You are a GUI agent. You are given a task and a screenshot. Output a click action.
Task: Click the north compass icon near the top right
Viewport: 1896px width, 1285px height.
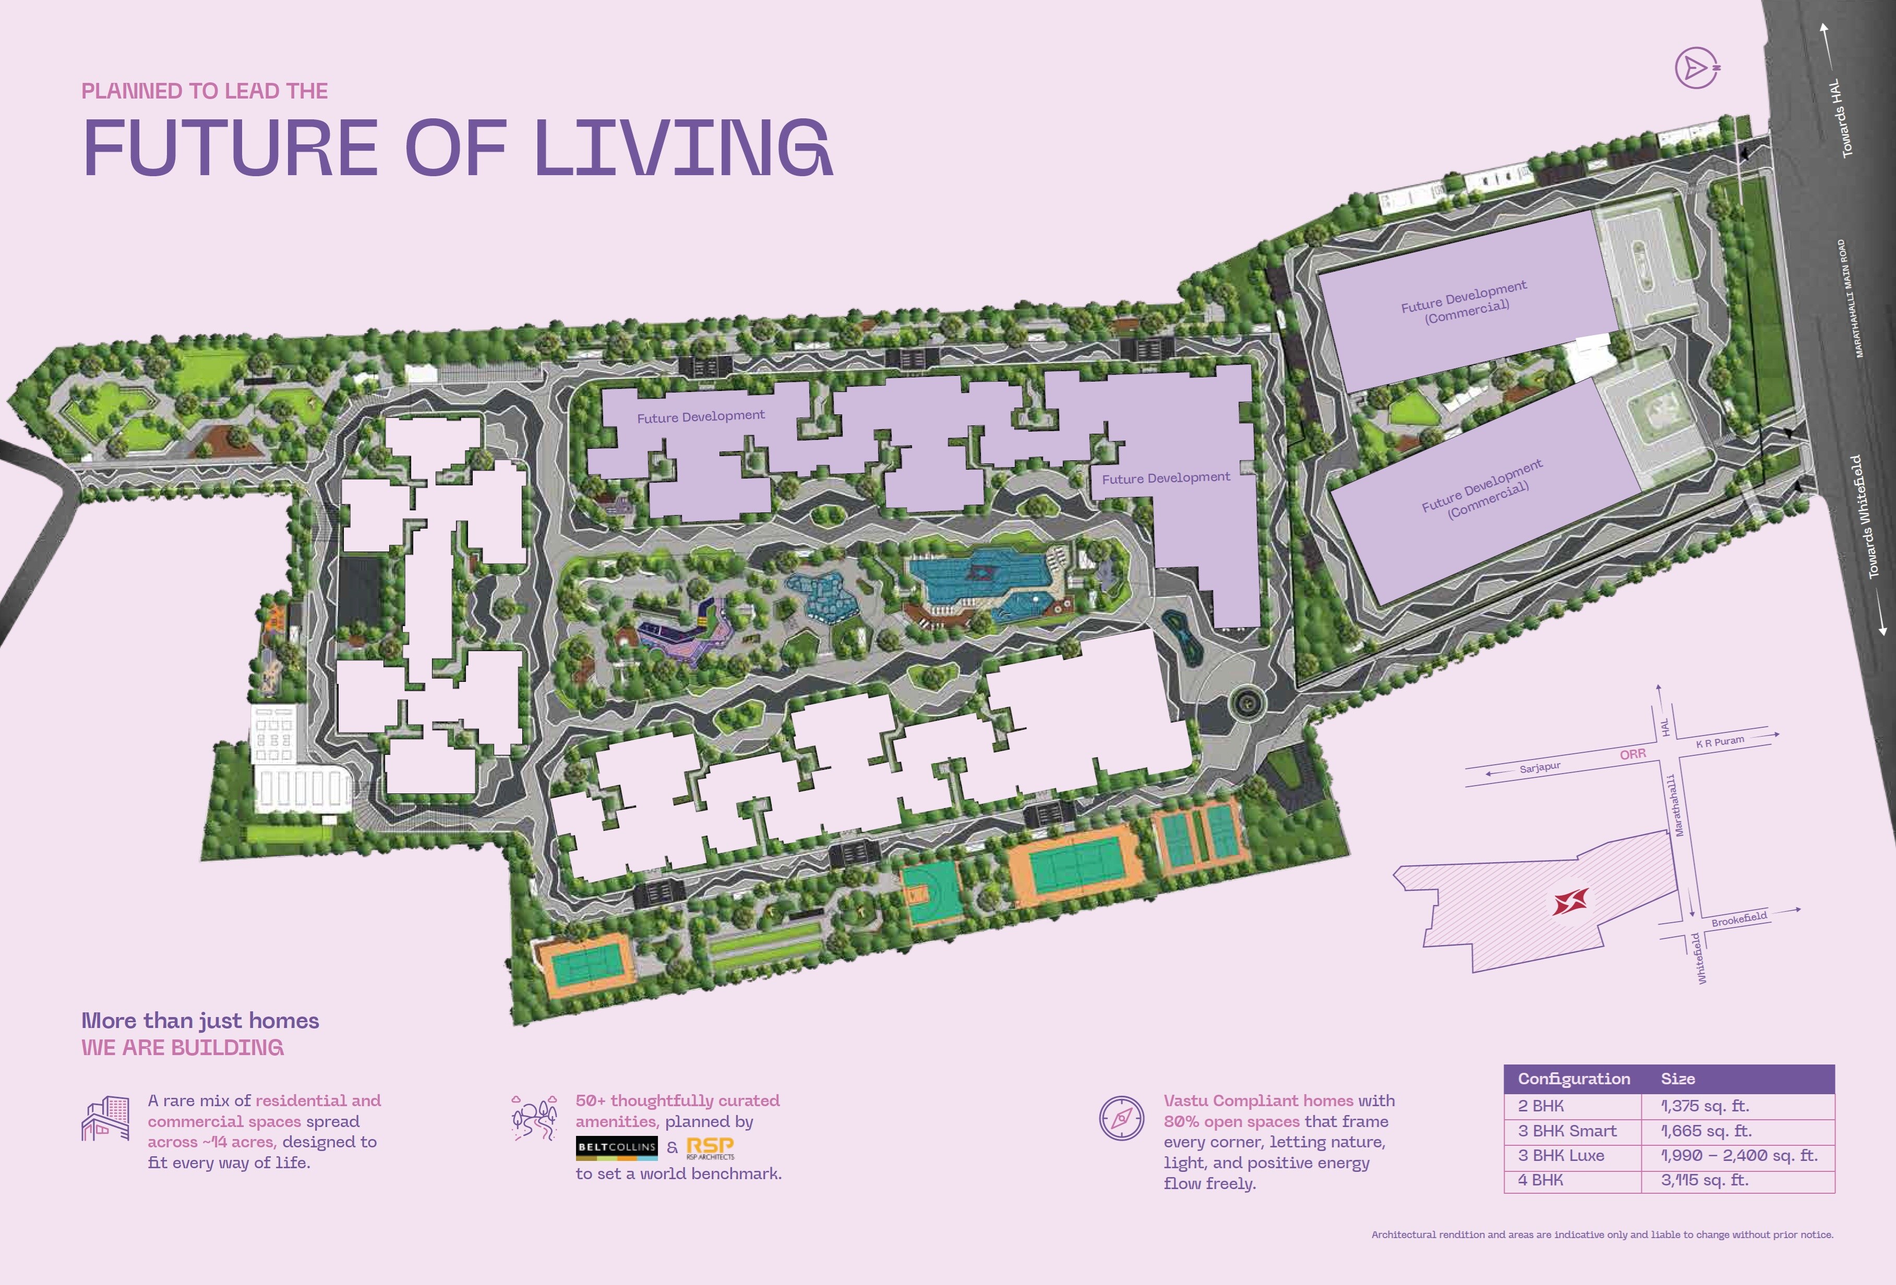(1697, 68)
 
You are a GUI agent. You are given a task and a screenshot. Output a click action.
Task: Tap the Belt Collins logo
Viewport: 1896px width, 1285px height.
(616, 1147)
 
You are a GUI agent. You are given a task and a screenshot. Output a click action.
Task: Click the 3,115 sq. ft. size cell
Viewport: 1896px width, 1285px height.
(1705, 1180)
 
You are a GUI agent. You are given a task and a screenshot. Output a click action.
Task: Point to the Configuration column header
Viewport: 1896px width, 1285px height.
(1574, 1079)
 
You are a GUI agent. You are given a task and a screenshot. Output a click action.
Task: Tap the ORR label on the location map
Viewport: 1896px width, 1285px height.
(1633, 755)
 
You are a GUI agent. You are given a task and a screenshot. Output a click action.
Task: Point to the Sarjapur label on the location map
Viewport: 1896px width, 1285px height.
(1540, 768)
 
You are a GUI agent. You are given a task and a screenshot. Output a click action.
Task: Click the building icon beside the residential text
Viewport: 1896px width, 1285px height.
(105, 1119)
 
